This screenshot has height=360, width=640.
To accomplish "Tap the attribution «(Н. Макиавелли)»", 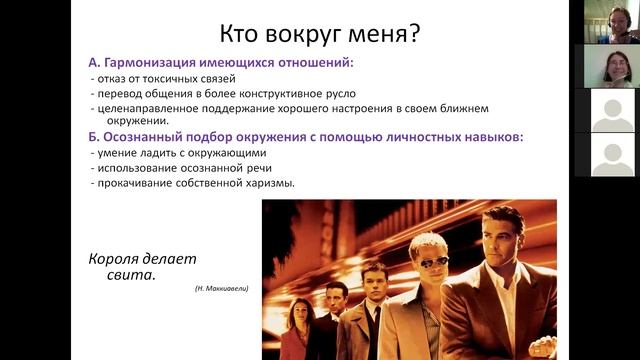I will (x=222, y=289).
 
